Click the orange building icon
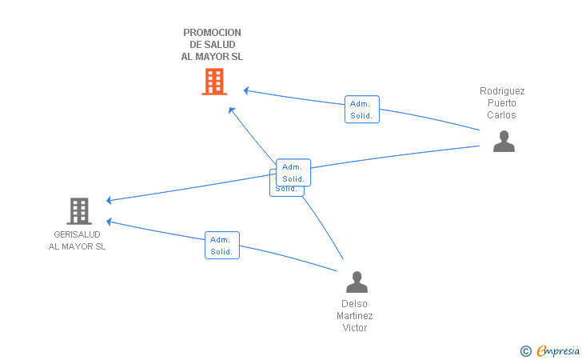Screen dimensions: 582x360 click(214, 82)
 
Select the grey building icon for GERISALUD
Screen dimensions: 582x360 click(79, 211)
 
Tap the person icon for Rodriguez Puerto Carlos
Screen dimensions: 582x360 click(504, 141)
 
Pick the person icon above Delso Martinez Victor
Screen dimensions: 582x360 click(357, 282)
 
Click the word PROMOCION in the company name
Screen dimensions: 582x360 click(212, 33)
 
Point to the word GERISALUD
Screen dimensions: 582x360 click(77, 234)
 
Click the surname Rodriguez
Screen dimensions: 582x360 click(502, 91)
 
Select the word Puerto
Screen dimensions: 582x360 click(502, 103)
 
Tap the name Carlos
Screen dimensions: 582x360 click(501, 114)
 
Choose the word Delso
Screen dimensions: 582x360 click(354, 304)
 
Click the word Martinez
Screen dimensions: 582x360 click(354, 316)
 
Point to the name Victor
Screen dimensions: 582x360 click(354, 328)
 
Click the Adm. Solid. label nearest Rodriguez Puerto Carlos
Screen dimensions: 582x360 click(362, 110)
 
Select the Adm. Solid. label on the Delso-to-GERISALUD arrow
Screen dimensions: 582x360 click(222, 246)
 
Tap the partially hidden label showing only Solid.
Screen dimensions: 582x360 click(286, 190)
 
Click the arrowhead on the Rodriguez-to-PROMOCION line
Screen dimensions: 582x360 click(246, 90)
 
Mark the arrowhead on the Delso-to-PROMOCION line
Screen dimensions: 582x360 click(232, 110)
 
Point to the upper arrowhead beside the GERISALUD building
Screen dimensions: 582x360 click(109, 200)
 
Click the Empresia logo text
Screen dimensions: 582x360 click(558, 350)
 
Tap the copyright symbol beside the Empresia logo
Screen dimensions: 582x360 click(525, 351)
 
